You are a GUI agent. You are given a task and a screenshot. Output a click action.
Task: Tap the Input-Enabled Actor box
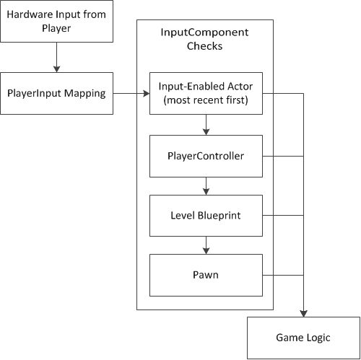(206, 93)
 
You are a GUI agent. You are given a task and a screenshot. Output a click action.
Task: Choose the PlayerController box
(206, 154)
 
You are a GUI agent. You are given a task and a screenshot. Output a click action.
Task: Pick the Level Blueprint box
(206, 215)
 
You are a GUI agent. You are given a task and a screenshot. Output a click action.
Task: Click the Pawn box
(206, 275)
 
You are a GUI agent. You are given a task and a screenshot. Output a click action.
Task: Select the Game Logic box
(303, 337)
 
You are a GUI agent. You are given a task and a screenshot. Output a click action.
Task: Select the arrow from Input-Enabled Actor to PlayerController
(206, 123)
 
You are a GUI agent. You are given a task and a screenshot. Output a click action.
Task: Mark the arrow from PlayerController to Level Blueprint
(206, 185)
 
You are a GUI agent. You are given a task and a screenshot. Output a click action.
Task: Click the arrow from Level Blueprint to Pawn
(206, 245)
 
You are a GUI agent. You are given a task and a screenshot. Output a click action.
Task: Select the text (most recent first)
(206, 100)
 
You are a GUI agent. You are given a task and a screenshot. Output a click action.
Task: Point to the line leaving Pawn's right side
(282, 275)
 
